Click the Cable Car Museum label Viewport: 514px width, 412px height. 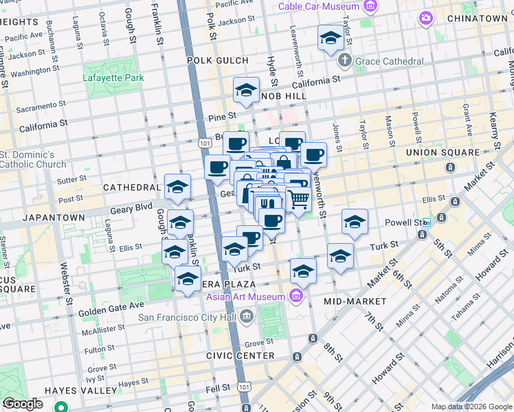320,6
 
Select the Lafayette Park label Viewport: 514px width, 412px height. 113,78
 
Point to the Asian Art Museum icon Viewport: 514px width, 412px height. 296,297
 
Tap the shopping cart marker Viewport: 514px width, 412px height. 298,201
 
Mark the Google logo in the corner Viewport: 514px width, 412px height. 23,404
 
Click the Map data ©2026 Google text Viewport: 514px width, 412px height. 471,407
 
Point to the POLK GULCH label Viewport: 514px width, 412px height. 216,60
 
